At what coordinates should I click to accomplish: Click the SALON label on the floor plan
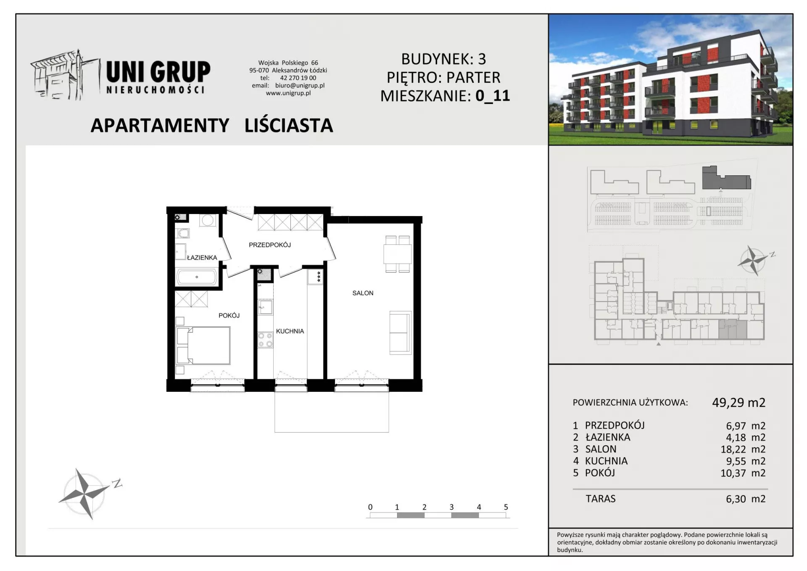(x=363, y=293)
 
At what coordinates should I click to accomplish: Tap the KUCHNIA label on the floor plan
(x=290, y=331)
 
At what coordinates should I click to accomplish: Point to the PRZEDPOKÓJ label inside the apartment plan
(x=270, y=245)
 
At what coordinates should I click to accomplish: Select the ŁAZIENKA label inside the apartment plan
(x=202, y=257)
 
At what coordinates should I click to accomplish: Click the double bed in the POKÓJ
(x=203, y=346)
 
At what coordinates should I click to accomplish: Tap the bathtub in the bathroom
(x=197, y=277)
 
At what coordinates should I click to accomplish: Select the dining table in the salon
(x=397, y=254)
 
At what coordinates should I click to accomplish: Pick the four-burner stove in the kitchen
(x=265, y=340)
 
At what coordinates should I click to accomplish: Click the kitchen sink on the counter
(x=265, y=307)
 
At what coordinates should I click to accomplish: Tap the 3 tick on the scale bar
(x=451, y=507)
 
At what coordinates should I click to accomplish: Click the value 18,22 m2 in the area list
(x=743, y=449)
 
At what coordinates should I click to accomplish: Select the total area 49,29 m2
(x=738, y=403)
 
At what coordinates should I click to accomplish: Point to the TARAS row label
(x=601, y=499)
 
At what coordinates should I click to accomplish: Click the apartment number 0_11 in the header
(x=493, y=96)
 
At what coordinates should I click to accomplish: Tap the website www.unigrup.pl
(x=288, y=93)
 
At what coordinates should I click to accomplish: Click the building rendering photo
(x=670, y=80)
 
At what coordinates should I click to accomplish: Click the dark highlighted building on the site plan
(x=726, y=178)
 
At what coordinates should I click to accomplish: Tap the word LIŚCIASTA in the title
(x=289, y=126)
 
